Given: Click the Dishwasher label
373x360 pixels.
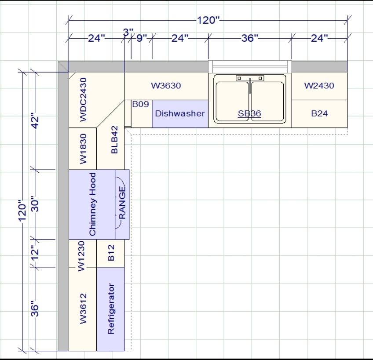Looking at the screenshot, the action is click(x=180, y=113).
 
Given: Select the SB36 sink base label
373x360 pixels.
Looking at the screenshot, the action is click(x=249, y=113).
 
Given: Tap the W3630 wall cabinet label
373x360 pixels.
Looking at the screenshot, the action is click(x=166, y=86).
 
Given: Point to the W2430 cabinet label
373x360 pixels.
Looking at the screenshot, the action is click(x=319, y=86).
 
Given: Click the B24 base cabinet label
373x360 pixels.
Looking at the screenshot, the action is click(x=319, y=113).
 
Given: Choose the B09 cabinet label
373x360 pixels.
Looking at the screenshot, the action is click(x=141, y=104).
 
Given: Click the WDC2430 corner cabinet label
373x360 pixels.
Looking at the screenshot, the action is click(x=83, y=100).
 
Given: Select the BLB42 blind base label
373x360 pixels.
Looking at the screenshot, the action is click(x=114, y=140).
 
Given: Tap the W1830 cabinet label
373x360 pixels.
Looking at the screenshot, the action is click(x=83, y=149).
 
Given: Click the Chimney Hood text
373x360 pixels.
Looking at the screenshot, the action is click(x=92, y=204).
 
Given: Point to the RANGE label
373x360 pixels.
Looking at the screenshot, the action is click(x=122, y=203).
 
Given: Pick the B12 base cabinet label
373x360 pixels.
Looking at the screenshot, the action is click(x=111, y=253).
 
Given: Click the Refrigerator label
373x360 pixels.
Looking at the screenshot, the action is click(x=111, y=309).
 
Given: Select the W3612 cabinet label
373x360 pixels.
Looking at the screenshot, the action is click(x=83, y=309).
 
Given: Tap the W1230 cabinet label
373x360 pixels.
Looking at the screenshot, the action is click(x=81, y=256).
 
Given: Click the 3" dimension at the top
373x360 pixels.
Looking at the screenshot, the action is click(x=128, y=32).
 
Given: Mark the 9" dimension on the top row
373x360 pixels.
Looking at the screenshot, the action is click(x=142, y=38).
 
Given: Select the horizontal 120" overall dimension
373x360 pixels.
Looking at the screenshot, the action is click(x=208, y=20).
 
